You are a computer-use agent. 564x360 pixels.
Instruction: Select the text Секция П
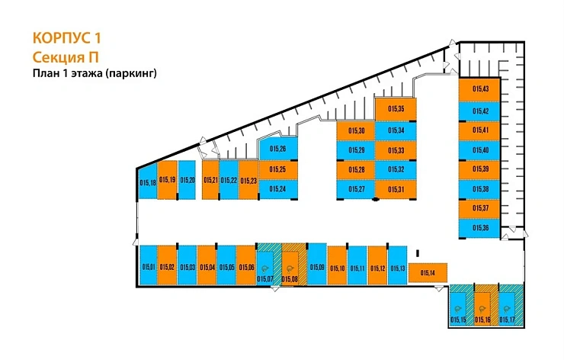pyautogui.click(x=65, y=56)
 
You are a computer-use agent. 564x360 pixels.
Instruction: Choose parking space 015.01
pyautogui.click(x=148, y=265)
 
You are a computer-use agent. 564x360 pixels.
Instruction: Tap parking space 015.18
pyautogui.click(x=148, y=181)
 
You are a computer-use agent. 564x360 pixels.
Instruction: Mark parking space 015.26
pyautogui.click(x=277, y=149)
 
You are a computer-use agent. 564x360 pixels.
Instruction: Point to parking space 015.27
pyautogui.click(x=356, y=188)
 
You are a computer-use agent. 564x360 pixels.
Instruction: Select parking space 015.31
pyautogui.click(x=396, y=188)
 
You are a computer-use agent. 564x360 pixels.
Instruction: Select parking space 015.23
pyautogui.click(x=248, y=181)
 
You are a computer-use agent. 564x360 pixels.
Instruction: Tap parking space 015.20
pyautogui.click(x=187, y=180)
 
